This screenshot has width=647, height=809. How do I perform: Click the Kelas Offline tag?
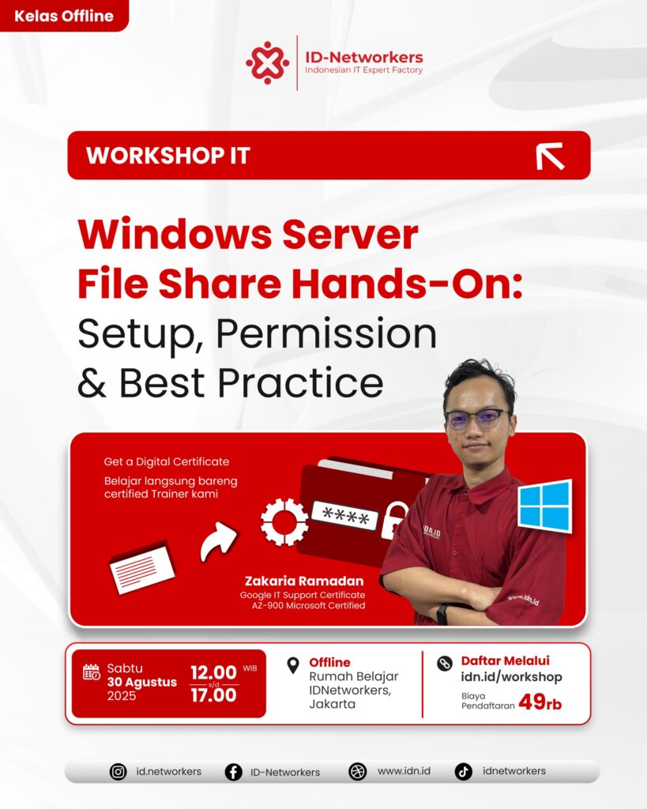[x=64, y=16]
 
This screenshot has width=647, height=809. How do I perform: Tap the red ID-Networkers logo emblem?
[x=267, y=62]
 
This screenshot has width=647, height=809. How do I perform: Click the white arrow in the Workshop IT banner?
[x=550, y=156]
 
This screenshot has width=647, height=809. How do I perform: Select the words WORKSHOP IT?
[x=168, y=156]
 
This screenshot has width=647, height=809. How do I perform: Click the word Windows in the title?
[x=175, y=235]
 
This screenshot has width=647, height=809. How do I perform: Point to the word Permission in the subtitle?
[x=326, y=334]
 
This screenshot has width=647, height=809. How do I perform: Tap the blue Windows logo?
[x=545, y=506]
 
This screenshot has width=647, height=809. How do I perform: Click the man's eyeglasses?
[x=476, y=418]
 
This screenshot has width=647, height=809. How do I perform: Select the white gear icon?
[x=284, y=521]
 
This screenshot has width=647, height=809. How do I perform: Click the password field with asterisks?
[x=344, y=515]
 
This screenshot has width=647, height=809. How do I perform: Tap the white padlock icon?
[x=393, y=521]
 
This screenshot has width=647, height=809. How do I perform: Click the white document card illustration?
[x=142, y=566]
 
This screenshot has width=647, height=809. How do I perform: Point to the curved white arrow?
[x=218, y=540]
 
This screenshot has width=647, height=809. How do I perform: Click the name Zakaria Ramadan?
[x=304, y=581]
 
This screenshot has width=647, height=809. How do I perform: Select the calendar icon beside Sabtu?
[x=92, y=672]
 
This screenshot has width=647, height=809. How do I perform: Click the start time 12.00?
[x=213, y=672]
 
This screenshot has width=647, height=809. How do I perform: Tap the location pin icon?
[x=293, y=665]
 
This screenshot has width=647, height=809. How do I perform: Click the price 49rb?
[x=540, y=702]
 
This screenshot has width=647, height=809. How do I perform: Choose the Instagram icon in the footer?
[x=118, y=772]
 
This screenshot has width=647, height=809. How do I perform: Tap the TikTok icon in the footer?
[x=463, y=772]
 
